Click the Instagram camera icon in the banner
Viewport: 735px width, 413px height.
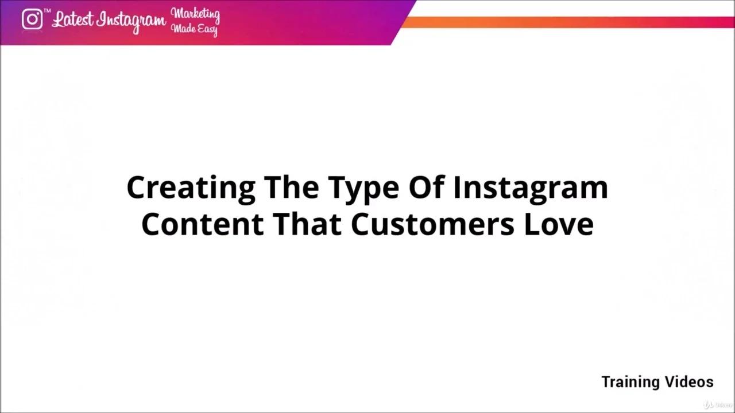coord(32,20)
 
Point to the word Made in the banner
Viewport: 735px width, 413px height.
coord(183,28)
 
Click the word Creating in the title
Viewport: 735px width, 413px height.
coord(191,188)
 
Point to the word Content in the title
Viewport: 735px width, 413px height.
coord(203,224)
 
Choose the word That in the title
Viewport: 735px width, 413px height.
coord(308,224)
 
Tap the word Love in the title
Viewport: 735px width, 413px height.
coord(558,224)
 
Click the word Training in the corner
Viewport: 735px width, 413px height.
coord(630,383)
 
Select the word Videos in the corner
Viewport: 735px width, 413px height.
coord(689,382)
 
